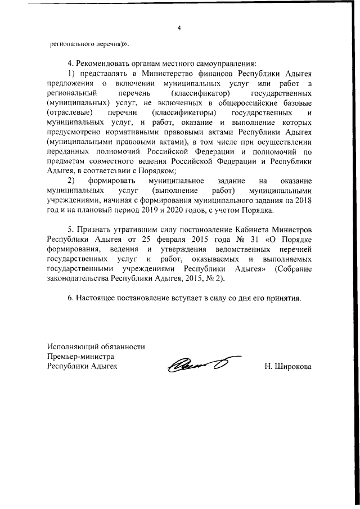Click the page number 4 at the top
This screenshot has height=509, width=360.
tap(179, 27)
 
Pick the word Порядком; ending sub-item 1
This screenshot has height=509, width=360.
tap(160, 171)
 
